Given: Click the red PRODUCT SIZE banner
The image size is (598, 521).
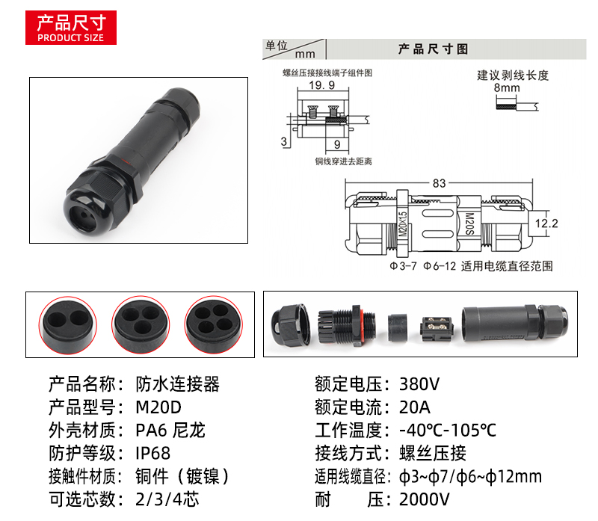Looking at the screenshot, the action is pyautogui.click(x=71, y=28).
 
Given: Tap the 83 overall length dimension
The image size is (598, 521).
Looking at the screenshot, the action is pyautogui.click(x=439, y=183).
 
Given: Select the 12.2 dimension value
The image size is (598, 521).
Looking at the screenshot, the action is pyautogui.click(x=546, y=223).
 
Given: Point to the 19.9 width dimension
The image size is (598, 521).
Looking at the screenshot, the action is pyautogui.click(x=322, y=85).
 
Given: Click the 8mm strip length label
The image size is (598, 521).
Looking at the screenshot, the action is pyautogui.click(x=507, y=87).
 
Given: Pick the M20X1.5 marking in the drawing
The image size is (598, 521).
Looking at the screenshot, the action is pyautogui.click(x=402, y=225).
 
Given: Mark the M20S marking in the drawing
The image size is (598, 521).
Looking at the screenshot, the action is pyautogui.click(x=470, y=224).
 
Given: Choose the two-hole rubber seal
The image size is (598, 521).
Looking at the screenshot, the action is pyautogui.click(x=68, y=325).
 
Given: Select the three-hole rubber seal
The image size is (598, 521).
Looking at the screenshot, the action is pyautogui.click(x=141, y=324).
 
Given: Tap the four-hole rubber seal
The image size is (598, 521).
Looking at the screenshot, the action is pyautogui.click(x=214, y=324).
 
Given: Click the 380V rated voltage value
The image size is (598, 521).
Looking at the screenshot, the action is pyautogui.click(x=419, y=384).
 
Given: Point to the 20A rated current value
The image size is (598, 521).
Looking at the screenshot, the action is pyautogui.click(x=415, y=407).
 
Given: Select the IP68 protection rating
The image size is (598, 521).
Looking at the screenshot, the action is pyautogui.click(x=152, y=454).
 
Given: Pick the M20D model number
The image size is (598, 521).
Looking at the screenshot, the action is pyautogui.click(x=158, y=407).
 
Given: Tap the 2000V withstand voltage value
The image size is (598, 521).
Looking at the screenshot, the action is pyautogui.click(x=425, y=499).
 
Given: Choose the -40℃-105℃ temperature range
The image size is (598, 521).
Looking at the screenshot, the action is pyautogui.click(x=448, y=431).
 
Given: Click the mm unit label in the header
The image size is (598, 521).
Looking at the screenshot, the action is pyautogui.click(x=305, y=54).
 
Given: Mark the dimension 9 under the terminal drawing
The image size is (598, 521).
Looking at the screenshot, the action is pyautogui.click(x=337, y=144).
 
